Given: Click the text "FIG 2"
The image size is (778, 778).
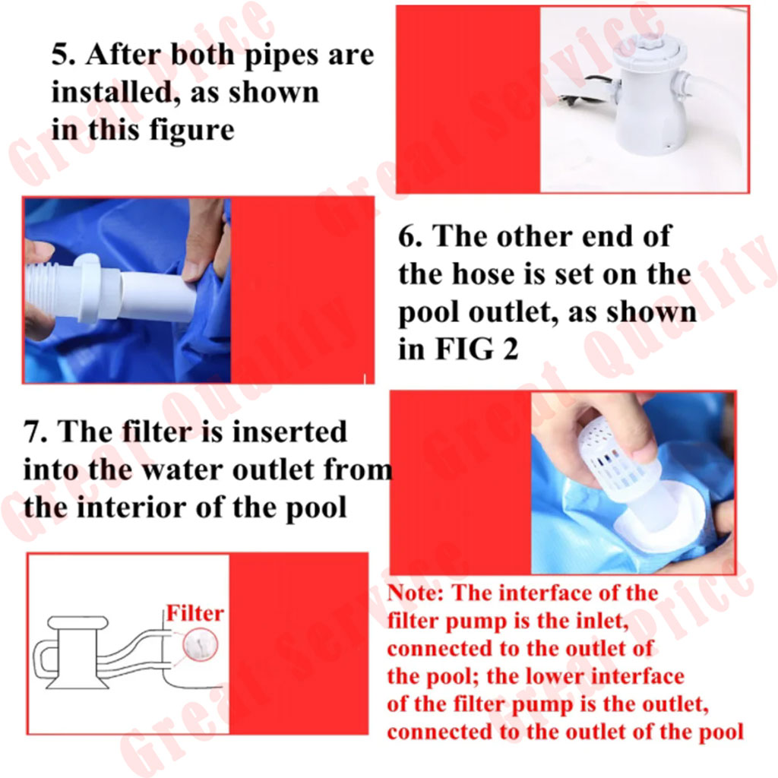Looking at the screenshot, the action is click(477, 349).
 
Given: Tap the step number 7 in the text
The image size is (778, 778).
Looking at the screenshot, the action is click(36, 432).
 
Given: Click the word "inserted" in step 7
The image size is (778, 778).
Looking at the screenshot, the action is click(289, 432).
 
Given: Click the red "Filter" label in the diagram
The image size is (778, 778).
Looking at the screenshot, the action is click(194, 613).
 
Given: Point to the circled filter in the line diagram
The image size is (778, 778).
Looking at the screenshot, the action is click(201, 645).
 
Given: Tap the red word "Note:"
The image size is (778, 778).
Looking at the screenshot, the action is click(416, 593).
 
